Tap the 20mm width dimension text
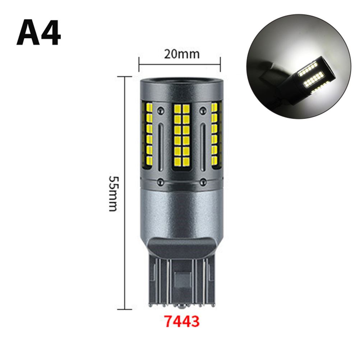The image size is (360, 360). click(x=182, y=54)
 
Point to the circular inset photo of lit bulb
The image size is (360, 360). click(x=298, y=66)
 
